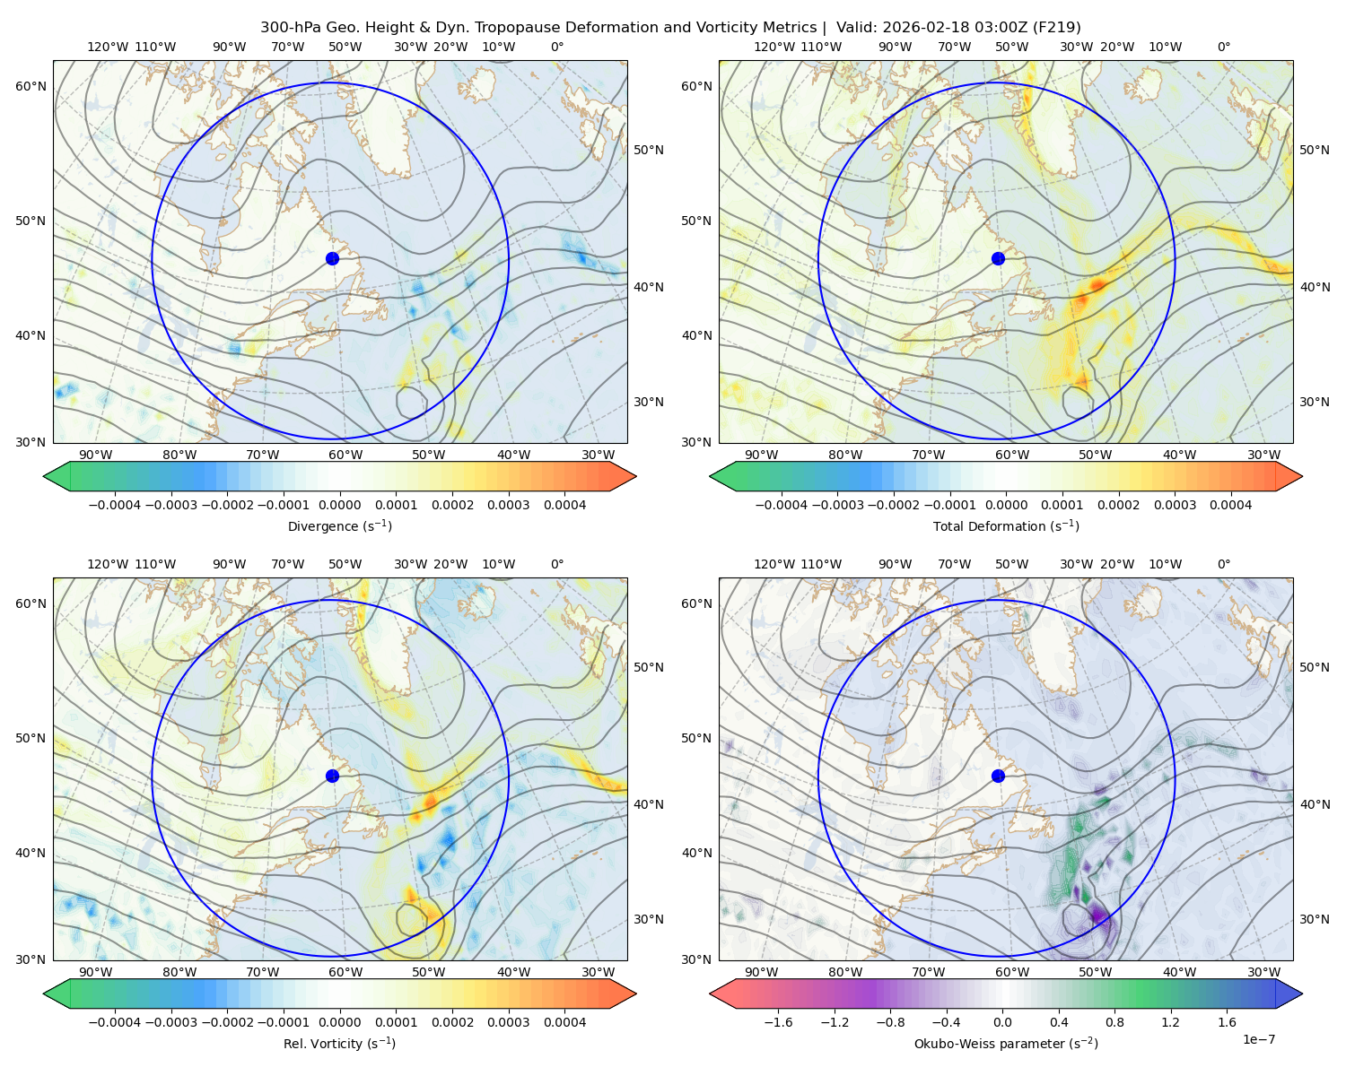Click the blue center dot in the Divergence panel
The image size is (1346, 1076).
(332, 259)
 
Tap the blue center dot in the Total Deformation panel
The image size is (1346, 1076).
(998, 259)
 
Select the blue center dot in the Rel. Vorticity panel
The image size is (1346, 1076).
(332, 776)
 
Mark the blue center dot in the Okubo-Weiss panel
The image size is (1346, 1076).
(998, 776)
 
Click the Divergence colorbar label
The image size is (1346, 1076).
(339, 526)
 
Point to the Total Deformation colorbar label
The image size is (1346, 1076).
(1006, 526)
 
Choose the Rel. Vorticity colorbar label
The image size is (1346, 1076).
(339, 1044)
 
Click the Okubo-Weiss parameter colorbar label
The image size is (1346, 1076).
(1006, 1044)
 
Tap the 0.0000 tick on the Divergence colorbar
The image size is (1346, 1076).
(339, 505)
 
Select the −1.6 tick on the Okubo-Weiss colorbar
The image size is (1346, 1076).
(778, 1022)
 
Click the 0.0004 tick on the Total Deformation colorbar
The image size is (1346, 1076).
(1231, 505)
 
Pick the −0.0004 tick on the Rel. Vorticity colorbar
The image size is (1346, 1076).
(115, 1022)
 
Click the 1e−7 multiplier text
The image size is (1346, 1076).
(1258, 1040)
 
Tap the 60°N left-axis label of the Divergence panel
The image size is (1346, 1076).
(31, 86)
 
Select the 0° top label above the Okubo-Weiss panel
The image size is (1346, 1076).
(1223, 564)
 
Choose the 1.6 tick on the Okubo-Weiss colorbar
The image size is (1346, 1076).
(1228, 1022)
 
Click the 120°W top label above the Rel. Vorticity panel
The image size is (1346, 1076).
(108, 564)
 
